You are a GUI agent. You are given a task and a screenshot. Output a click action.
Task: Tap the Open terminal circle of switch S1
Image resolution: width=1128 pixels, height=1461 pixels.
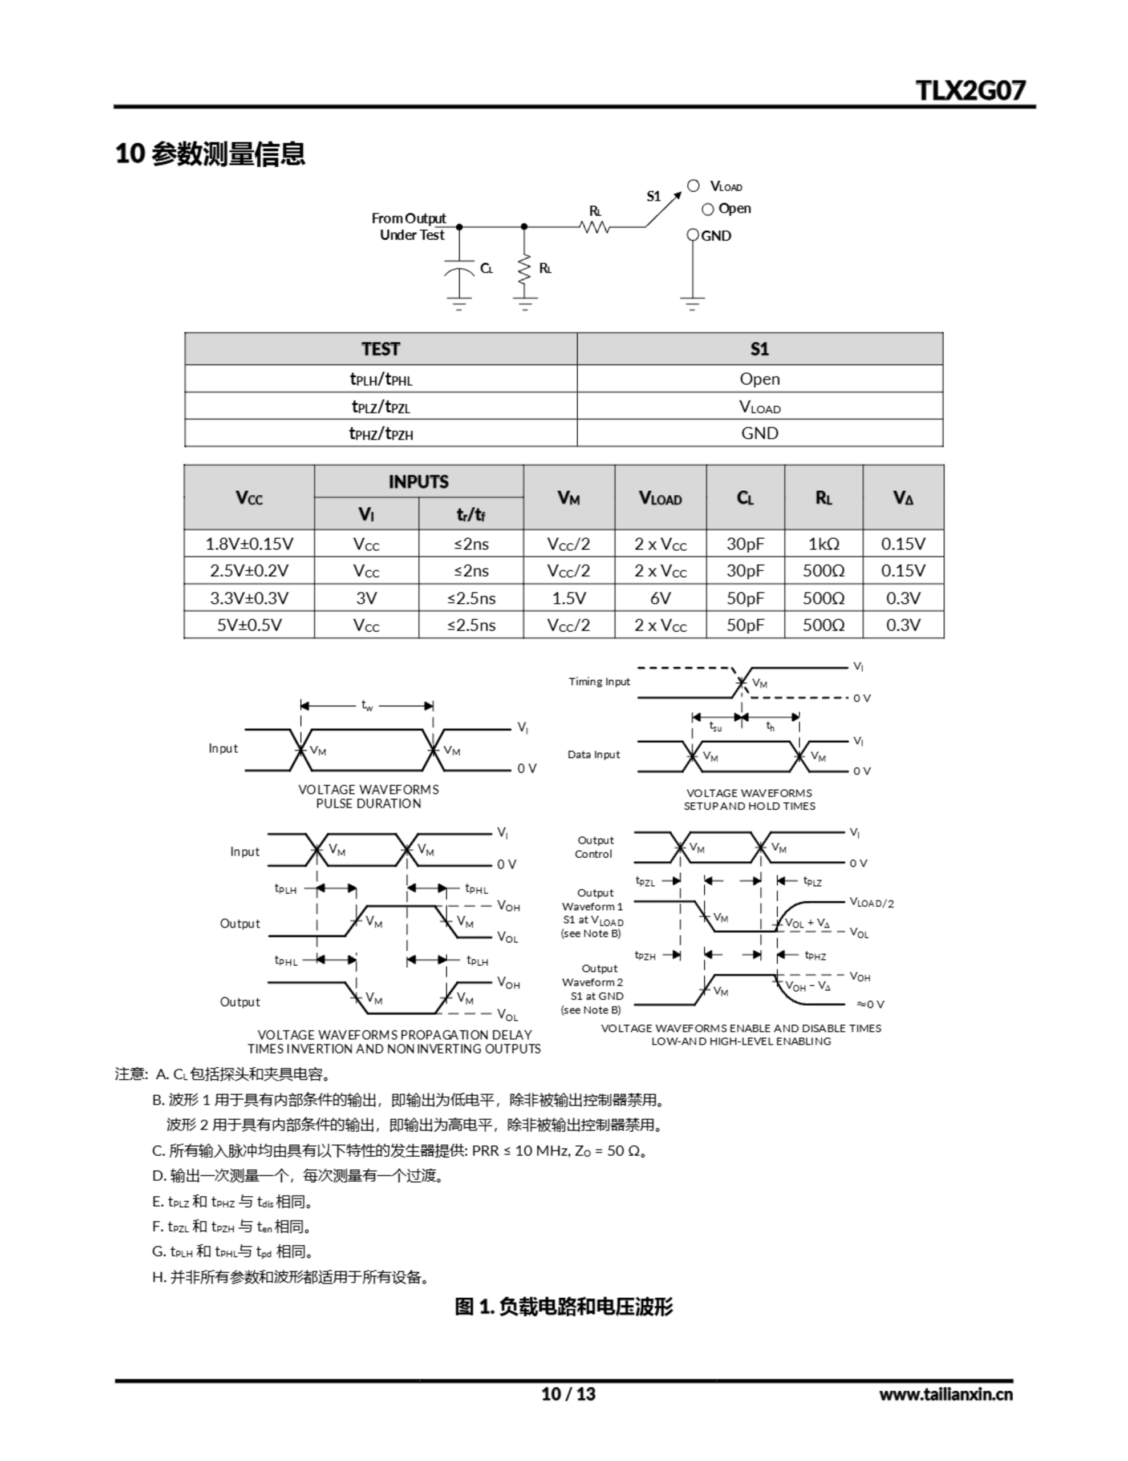[x=708, y=209]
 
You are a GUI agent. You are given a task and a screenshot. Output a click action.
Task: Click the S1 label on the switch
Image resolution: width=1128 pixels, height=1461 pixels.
[x=654, y=196]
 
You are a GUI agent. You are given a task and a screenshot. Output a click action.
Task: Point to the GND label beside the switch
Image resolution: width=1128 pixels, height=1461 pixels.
[x=716, y=236]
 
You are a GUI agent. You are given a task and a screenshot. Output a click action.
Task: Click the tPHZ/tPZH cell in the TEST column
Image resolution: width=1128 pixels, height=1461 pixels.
[x=381, y=434]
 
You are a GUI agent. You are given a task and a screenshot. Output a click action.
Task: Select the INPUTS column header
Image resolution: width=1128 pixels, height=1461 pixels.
[x=419, y=482]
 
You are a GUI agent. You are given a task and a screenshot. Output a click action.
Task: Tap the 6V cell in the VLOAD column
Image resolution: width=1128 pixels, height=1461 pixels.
[x=660, y=598]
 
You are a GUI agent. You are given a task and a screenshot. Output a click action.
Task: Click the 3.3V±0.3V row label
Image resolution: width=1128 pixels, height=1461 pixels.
[x=249, y=598]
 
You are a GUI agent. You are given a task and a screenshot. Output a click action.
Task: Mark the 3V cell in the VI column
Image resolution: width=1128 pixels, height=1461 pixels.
[x=367, y=598]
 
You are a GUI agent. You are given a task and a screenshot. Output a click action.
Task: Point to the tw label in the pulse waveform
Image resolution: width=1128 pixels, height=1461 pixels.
[x=367, y=705]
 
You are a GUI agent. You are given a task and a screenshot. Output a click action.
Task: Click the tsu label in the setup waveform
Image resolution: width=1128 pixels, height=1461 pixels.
[x=716, y=727]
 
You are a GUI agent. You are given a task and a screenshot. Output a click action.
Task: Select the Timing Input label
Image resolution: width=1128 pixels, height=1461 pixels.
[x=599, y=681]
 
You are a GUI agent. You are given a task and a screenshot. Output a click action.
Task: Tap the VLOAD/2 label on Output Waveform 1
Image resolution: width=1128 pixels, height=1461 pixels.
[x=871, y=902]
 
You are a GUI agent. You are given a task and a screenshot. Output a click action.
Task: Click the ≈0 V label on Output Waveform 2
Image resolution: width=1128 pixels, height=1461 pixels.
[x=871, y=1004]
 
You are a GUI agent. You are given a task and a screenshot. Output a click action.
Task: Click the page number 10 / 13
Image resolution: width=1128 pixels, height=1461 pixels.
[x=567, y=1394]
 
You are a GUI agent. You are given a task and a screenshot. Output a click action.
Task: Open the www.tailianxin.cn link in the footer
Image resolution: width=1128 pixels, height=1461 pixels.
[x=946, y=1394]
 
